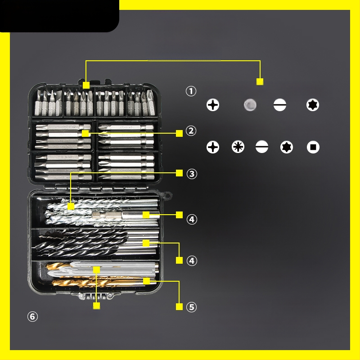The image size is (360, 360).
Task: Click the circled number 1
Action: point(191,91)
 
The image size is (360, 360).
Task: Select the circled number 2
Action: point(191,131)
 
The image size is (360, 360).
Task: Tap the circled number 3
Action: point(192,174)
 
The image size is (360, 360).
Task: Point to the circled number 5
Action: point(192,307)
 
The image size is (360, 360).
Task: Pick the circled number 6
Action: point(32,317)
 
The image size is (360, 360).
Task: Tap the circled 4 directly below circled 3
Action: point(192,219)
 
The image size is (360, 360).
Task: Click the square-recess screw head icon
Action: point(313,147)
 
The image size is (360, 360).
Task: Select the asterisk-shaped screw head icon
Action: point(238,147)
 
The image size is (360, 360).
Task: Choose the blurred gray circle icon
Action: point(250,105)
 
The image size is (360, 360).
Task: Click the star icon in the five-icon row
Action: point(287,147)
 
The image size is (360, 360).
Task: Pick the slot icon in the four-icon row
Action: point(280,105)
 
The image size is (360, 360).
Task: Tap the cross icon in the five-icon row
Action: point(213,147)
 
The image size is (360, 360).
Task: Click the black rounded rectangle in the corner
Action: point(59,16)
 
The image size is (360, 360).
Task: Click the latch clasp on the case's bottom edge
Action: point(95,296)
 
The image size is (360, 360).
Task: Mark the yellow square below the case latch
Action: point(96,306)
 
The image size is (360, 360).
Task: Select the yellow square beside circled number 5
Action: point(179,306)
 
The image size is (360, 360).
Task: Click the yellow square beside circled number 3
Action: point(179,173)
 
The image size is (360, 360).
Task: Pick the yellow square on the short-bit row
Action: point(86,85)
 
